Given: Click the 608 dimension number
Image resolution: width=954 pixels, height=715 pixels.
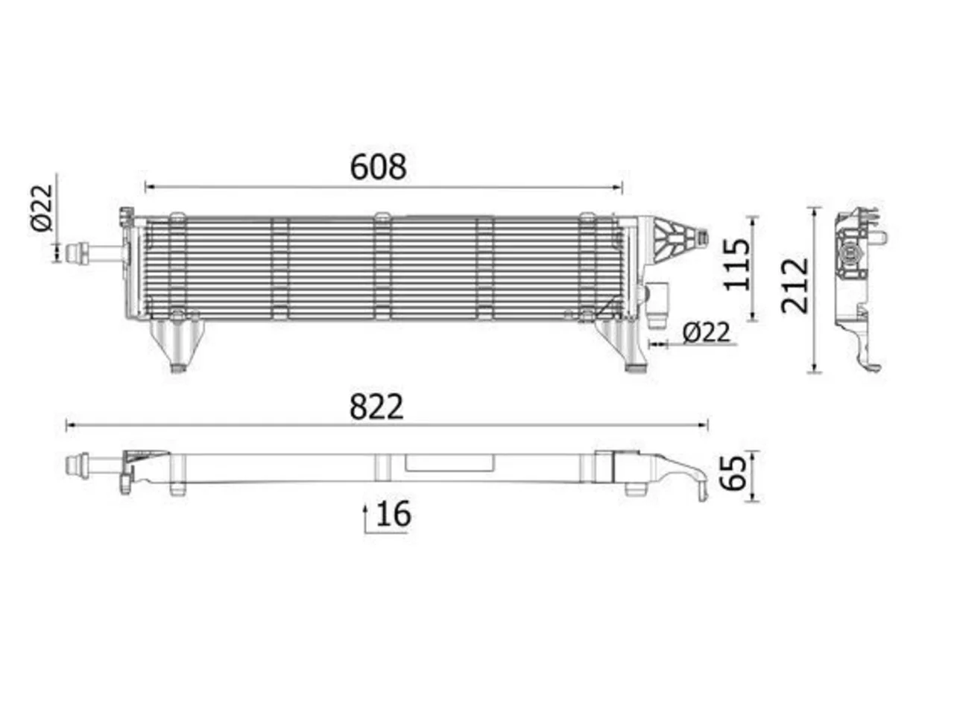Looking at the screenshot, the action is (x=378, y=167).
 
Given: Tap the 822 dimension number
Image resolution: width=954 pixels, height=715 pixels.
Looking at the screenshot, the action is (x=376, y=407).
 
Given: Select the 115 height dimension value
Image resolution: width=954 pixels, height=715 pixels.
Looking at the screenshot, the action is (x=736, y=264).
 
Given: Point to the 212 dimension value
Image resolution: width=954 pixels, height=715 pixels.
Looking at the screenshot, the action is (x=794, y=286).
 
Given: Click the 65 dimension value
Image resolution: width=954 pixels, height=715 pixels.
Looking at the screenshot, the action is (x=734, y=473).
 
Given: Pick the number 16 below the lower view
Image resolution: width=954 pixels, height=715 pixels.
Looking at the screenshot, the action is (x=394, y=514).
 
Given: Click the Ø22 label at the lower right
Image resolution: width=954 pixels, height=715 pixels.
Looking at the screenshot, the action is (x=706, y=332).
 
